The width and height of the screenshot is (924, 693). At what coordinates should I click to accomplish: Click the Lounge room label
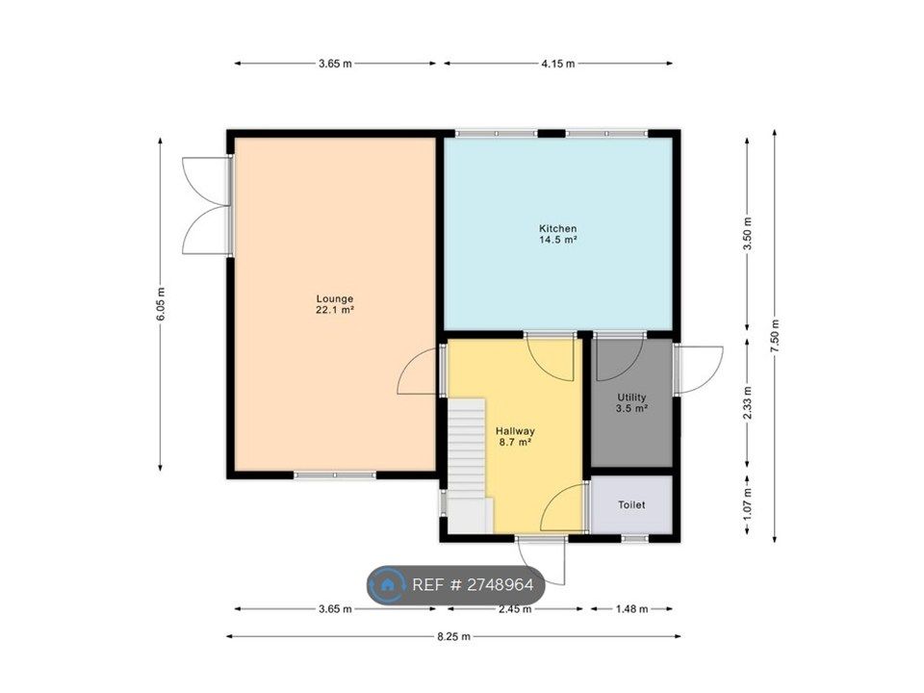click(335, 304)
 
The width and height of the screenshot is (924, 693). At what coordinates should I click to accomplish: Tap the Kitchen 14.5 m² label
click(557, 234)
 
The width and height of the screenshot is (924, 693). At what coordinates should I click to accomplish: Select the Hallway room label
click(515, 437)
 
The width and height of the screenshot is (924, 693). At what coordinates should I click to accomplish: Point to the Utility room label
click(631, 402)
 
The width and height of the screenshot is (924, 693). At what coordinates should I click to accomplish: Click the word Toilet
click(631, 505)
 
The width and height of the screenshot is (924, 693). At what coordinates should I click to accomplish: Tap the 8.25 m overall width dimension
click(453, 636)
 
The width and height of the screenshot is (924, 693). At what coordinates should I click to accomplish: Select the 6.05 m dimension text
click(161, 303)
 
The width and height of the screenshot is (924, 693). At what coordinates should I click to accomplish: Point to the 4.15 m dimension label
click(558, 64)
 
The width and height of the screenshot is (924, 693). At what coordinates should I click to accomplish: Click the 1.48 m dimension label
click(631, 608)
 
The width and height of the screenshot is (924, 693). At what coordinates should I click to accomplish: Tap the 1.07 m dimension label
click(747, 504)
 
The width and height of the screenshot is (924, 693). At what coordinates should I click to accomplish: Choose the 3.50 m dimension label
click(747, 234)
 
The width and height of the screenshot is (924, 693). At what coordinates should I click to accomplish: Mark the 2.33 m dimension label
click(747, 403)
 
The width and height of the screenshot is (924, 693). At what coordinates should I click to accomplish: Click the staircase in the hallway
click(468, 466)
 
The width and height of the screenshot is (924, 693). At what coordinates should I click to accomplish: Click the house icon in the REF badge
click(387, 585)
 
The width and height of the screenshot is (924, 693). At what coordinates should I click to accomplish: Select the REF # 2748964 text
click(473, 584)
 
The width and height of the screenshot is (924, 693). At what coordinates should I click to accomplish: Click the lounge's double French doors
click(206, 206)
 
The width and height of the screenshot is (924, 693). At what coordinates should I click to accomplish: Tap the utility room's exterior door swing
click(699, 370)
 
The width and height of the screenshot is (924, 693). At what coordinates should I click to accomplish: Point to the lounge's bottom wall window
click(335, 475)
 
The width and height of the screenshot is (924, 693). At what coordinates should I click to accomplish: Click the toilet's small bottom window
click(634, 538)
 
